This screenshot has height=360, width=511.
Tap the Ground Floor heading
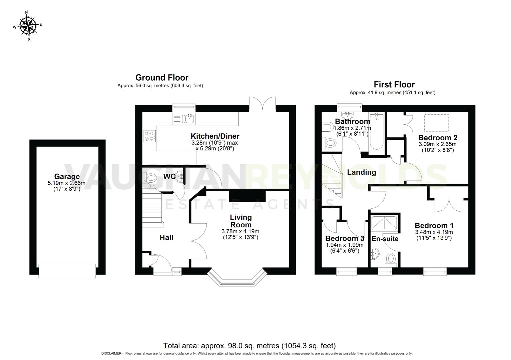coord(162,78)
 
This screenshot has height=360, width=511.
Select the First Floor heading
coord(394,84)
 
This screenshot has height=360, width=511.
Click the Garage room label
coord(67,177)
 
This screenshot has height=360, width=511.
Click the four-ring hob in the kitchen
coord(149,135)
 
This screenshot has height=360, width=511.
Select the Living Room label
coord(240,221)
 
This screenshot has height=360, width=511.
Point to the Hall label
coord(166,237)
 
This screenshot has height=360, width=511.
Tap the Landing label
coord(362,172)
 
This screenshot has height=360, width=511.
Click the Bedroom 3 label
coord(344,238)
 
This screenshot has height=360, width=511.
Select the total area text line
coord(249,346)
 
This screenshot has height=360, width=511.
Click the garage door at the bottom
coord(67,271)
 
